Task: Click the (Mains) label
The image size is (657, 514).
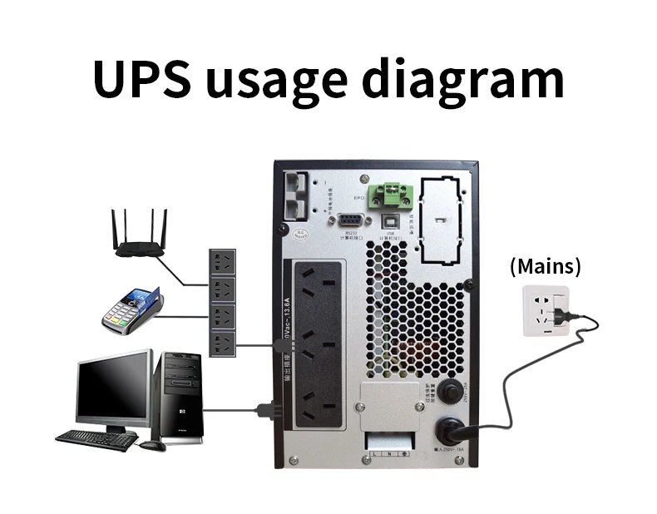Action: (545, 267)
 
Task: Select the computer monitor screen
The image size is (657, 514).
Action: (114, 388)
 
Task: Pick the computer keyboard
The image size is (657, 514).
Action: (96, 439)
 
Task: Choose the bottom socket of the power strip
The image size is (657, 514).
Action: (221, 343)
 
